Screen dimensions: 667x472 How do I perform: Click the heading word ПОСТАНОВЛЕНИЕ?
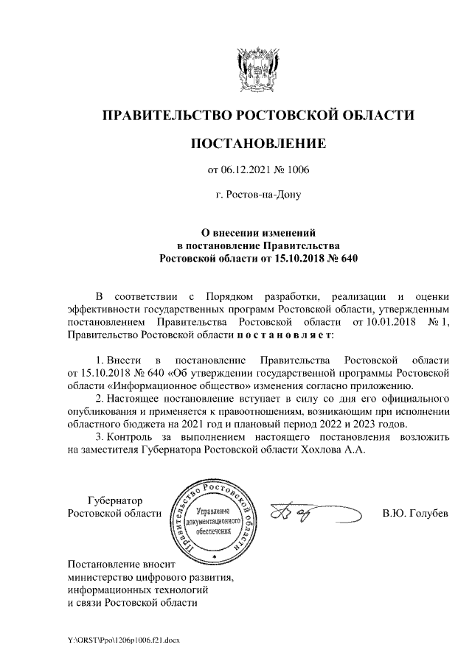click(x=257, y=143)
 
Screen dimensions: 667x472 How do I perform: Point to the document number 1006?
click(x=298, y=170)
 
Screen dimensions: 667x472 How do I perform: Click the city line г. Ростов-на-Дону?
click(x=258, y=196)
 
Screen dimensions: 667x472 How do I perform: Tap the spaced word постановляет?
click(x=285, y=335)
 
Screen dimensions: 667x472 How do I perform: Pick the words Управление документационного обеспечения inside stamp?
click(x=213, y=521)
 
